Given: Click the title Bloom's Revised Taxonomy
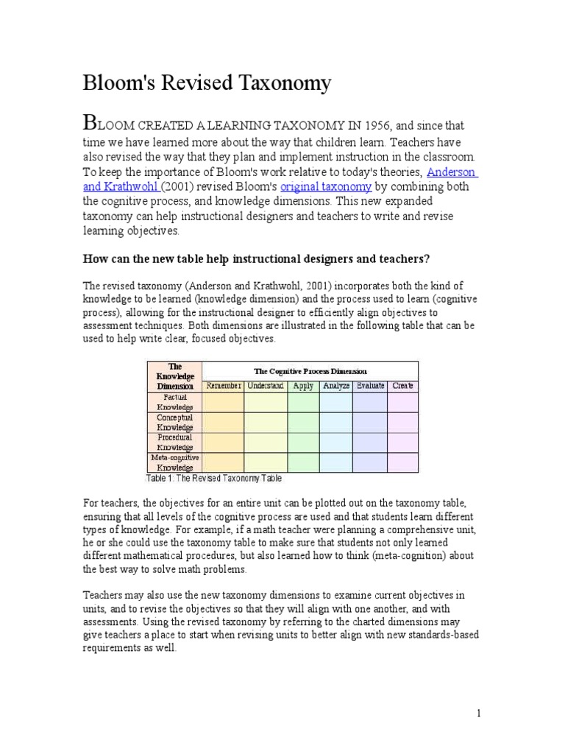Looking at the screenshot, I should tap(207, 84).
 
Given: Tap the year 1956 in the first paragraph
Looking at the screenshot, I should tap(338, 126).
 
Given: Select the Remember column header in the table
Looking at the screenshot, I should tap(223, 386).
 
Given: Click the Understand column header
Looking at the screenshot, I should tap(266, 386).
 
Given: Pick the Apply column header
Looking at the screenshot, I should tap(303, 386).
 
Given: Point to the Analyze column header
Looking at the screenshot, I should tap(335, 386).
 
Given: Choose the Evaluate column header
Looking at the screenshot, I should tap(370, 386).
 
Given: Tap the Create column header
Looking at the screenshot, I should tap(402, 386).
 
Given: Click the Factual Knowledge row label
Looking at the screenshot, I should tap(174, 402).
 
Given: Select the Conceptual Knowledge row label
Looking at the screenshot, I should tap(174, 423).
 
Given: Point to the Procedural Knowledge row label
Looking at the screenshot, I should tap(174, 443).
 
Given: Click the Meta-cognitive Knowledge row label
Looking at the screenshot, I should tap(174, 462).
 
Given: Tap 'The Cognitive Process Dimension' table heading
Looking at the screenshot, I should tap(310, 371).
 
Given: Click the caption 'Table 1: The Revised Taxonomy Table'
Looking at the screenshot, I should tap(214, 478).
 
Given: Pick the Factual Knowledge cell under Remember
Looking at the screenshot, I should tap(223, 402).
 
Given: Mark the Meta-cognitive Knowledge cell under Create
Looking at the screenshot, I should tap(402, 462).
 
